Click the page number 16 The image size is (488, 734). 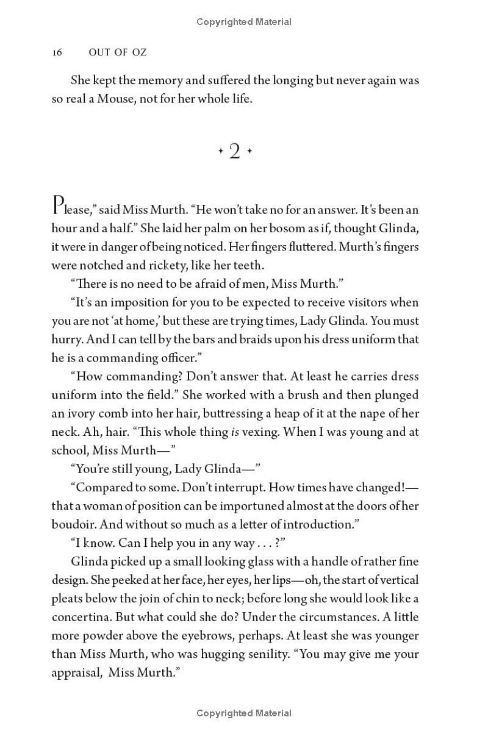point(57,52)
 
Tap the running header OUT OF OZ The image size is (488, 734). point(118,52)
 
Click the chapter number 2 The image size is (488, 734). point(235,152)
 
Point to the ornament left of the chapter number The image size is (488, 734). point(221,152)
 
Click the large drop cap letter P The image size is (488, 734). point(59,206)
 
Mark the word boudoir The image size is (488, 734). point(72,524)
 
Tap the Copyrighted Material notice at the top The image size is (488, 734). point(244,22)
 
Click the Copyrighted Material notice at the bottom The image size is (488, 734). point(244,713)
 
